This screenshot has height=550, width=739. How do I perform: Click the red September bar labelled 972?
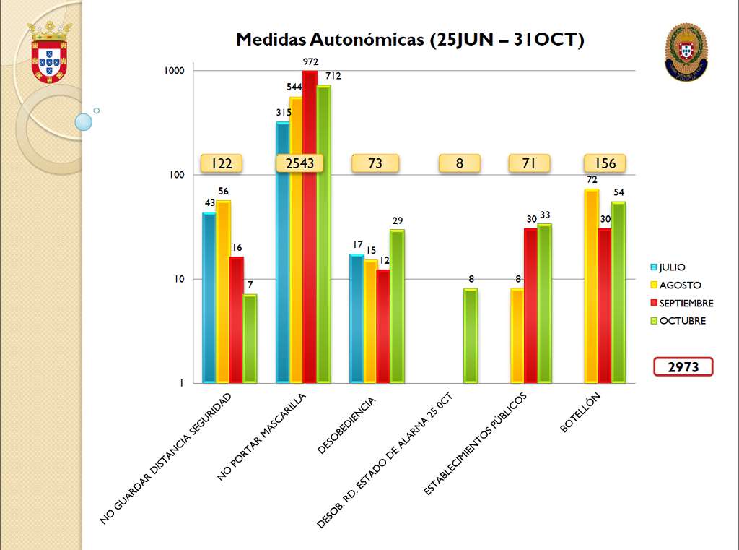coord(310,226)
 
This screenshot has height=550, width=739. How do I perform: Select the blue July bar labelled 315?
coord(283,252)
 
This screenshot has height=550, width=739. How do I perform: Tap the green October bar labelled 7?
coord(250,338)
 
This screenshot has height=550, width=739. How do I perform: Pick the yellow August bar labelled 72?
coord(592,285)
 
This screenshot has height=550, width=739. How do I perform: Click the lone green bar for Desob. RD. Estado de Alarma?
coord(471,335)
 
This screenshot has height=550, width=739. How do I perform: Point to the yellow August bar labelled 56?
coord(223,292)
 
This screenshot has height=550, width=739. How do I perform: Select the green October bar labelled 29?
coord(397,306)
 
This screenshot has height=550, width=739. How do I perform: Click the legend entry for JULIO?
coord(668,267)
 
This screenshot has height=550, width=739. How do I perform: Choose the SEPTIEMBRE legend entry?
coord(682,303)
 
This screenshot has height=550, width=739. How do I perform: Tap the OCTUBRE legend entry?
coord(678,321)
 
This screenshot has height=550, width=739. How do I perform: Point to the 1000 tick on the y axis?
coord(174,70)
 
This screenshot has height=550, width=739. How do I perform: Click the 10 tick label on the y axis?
coord(179,279)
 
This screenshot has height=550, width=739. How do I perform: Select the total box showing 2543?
coord(299,163)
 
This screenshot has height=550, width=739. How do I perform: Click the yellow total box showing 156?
coord(605,163)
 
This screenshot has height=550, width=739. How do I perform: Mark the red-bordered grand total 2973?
coord(683,367)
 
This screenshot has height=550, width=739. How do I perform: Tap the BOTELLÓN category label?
coord(580,412)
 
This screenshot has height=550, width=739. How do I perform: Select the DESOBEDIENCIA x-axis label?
coord(346,426)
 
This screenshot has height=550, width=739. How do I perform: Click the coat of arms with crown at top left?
coord(49,53)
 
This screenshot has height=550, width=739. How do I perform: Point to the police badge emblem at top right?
coord(686,52)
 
